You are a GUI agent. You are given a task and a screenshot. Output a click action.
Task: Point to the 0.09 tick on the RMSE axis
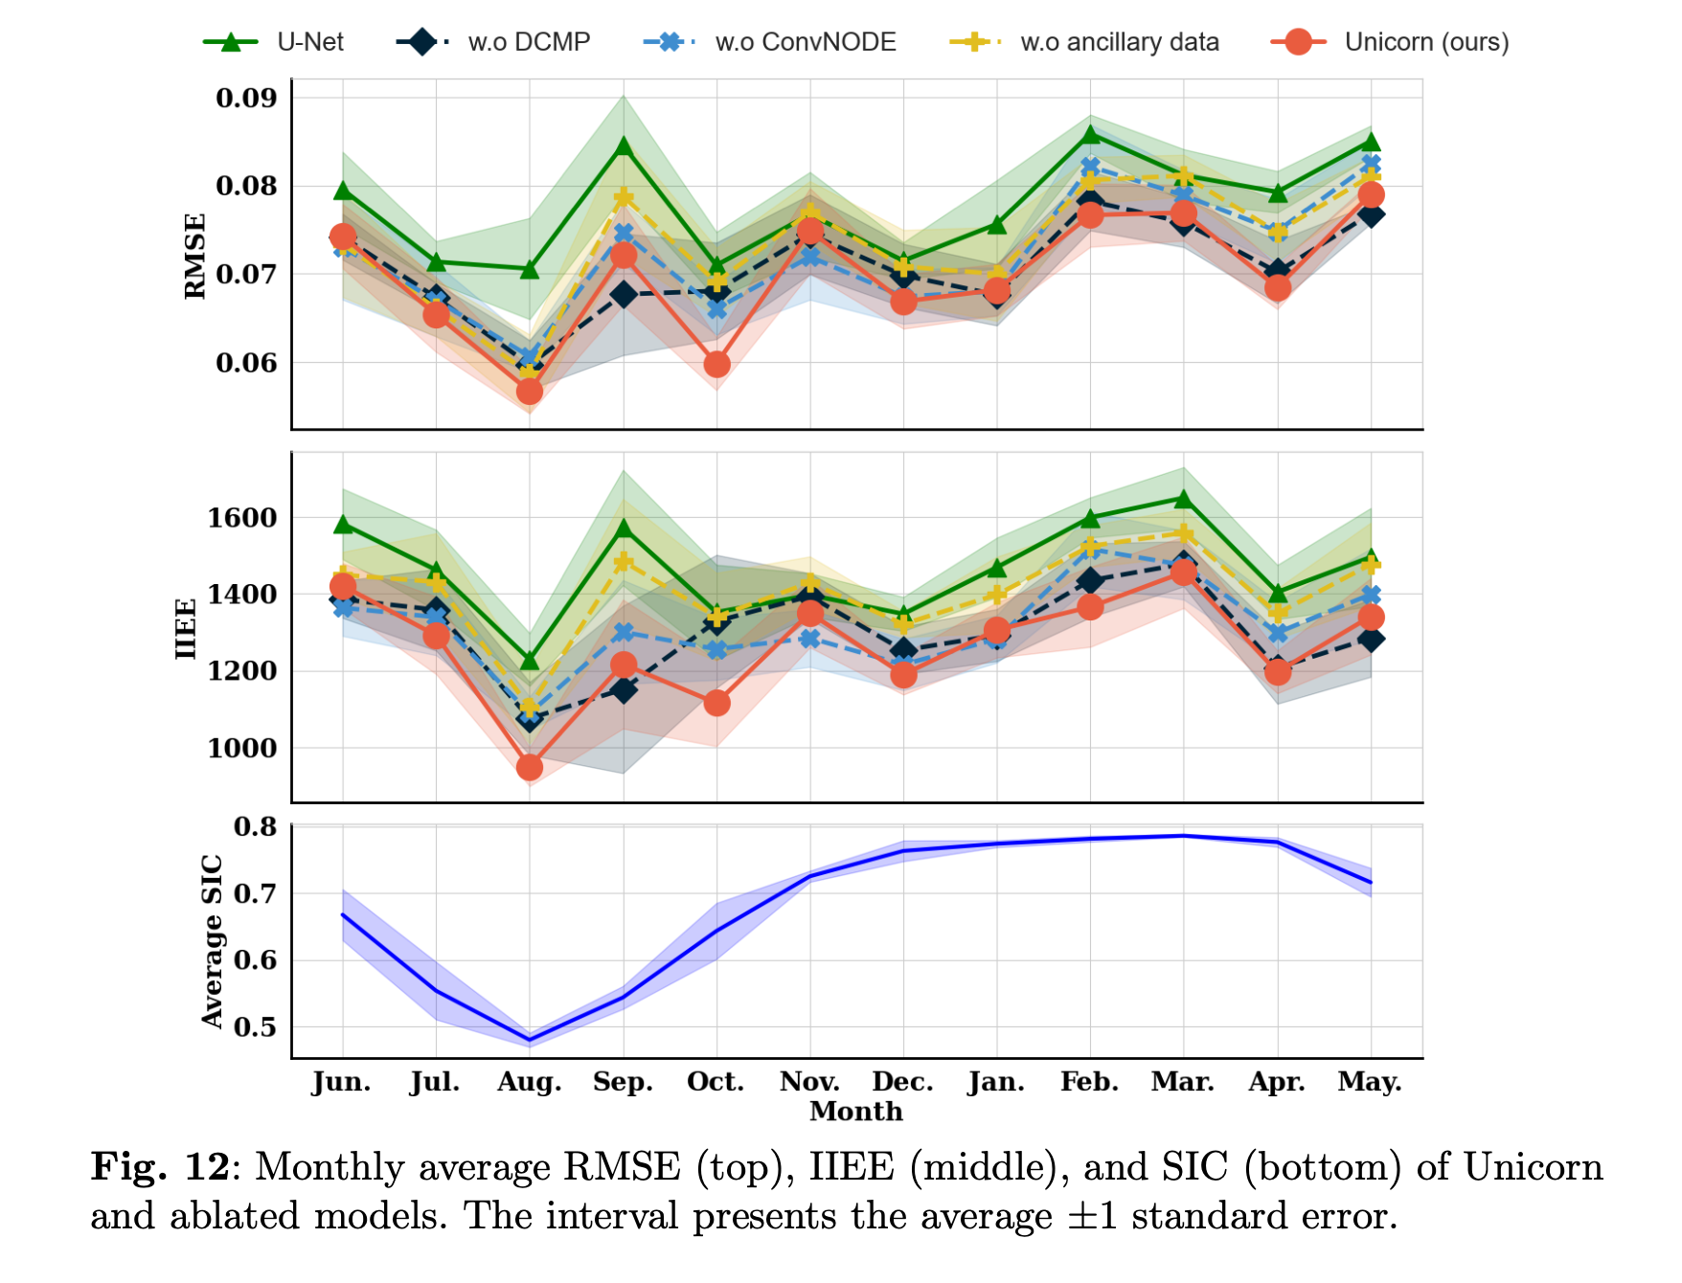(x=246, y=98)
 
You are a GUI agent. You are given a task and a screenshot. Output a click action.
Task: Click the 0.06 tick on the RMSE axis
(x=246, y=363)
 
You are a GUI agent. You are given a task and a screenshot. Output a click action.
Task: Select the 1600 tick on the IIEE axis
(x=242, y=518)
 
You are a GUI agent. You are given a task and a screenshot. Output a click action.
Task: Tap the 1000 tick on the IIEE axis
(x=242, y=748)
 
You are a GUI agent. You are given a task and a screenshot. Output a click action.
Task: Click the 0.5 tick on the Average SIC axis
(x=255, y=1027)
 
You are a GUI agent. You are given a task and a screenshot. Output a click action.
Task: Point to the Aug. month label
(x=529, y=1082)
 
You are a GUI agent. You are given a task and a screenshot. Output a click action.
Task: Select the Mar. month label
(x=1183, y=1082)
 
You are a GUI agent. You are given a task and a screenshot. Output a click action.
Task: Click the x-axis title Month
(x=855, y=1112)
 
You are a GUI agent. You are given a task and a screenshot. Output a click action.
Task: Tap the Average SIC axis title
(x=212, y=941)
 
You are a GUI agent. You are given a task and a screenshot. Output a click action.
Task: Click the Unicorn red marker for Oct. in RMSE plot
(x=716, y=365)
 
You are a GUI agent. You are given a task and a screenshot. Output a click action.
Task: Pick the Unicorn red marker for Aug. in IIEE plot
(x=530, y=768)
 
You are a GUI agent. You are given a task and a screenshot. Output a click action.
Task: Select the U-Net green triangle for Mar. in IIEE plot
(x=1184, y=499)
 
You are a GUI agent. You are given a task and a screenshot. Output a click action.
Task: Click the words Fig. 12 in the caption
(x=160, y=1167)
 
